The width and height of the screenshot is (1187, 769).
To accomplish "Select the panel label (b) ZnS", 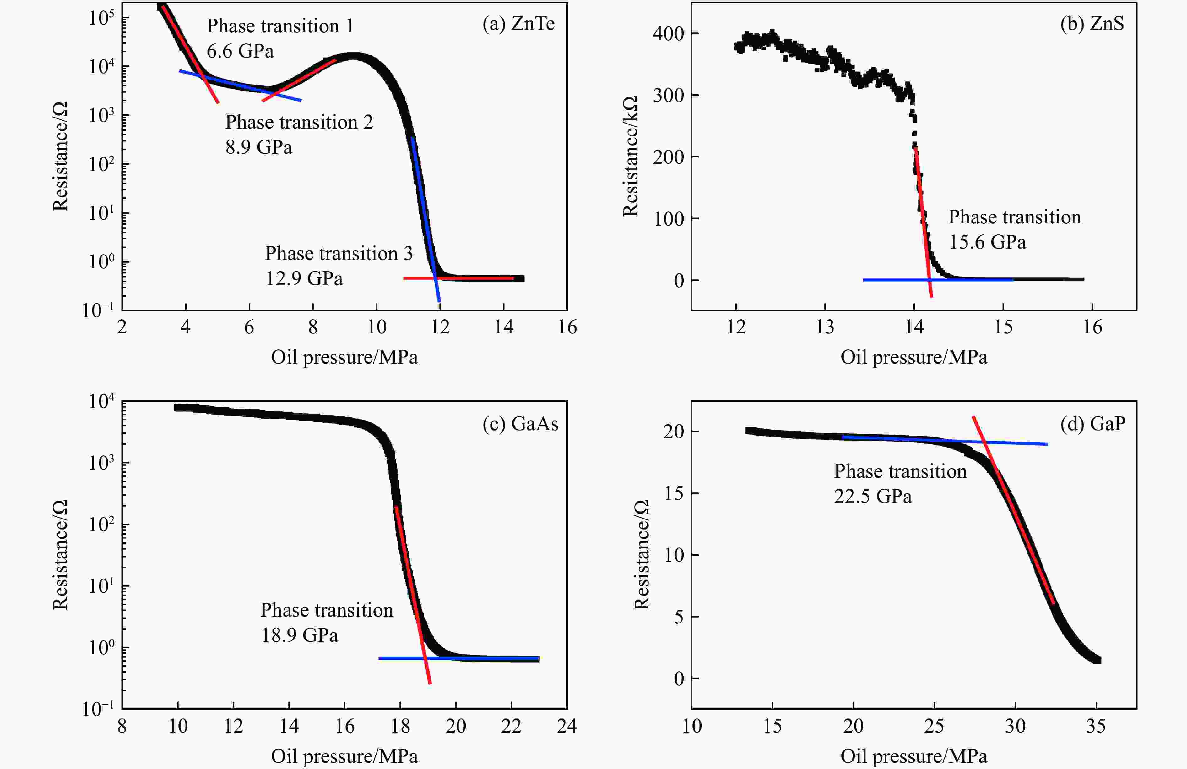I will pyautogui.click(x=1092, y=24).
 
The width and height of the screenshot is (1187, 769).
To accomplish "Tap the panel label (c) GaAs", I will pyautogui.click(x=520, y=424).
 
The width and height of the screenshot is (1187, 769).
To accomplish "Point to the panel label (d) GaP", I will pyautogui.click(x=1092, y=424).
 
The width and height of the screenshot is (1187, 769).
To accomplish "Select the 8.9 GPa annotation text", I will pyautogui.click(x=258, y=147).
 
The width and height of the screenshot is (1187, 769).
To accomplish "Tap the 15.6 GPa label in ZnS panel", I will pyautogui.click(x=987, y=242).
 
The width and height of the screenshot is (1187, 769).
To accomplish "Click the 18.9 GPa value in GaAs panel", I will pyautogui.click(x=299, y=635).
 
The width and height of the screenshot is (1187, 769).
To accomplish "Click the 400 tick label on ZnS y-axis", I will pyautogui.click(x=668, y=34).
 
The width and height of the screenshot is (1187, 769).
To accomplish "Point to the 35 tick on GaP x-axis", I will pyautogui.click(x=1096, y=726).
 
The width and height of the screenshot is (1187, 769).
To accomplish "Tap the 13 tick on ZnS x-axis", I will pyautogui.click(x=824, y=327).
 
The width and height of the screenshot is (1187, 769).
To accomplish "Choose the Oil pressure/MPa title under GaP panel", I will pyautogui.click(x=914, y=756).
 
